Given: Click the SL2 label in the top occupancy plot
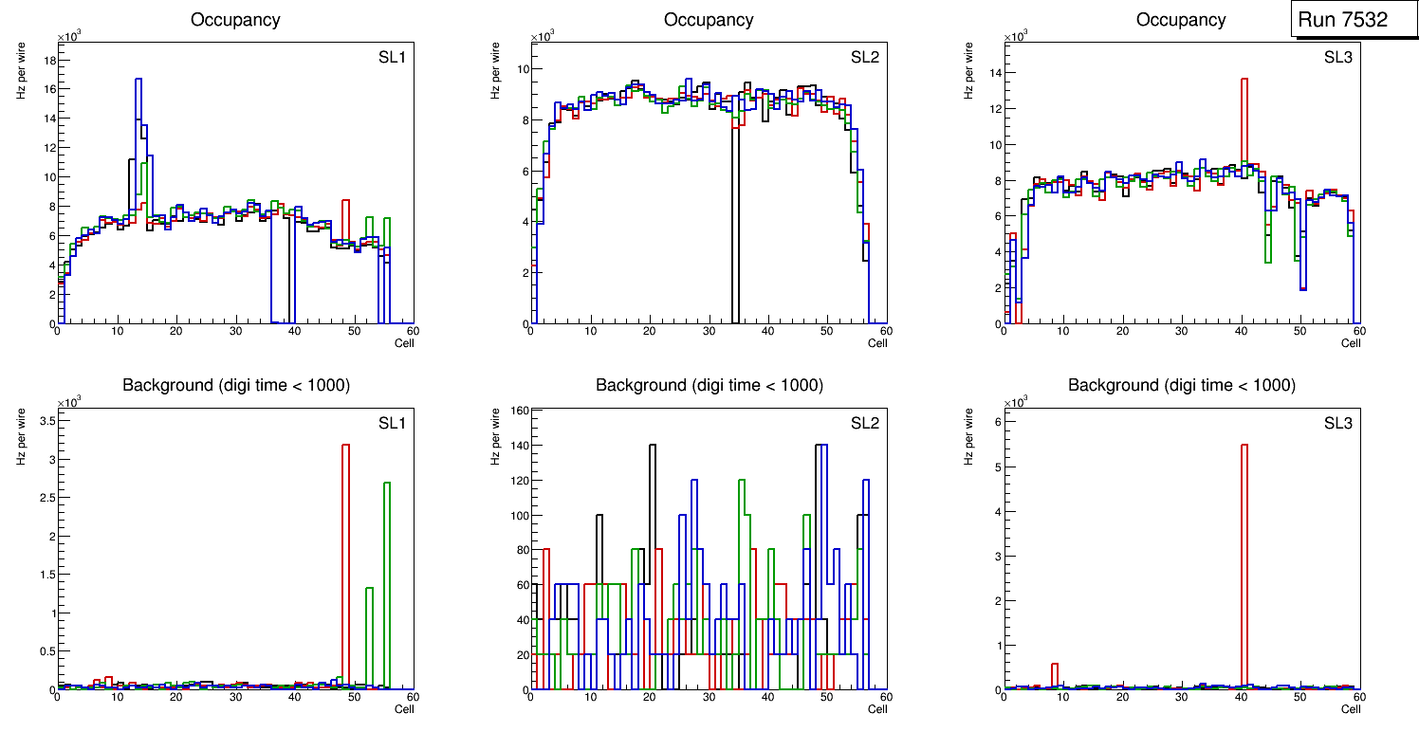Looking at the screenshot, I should click(863, 58).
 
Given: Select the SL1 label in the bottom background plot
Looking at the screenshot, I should click(391, 424).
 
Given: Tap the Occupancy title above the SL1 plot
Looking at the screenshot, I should click(235, 20).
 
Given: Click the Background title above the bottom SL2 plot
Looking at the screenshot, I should click(709, 386).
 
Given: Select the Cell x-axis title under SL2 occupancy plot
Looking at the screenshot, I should click(877, 343).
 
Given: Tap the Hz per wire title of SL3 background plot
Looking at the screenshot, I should click(969, 436).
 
